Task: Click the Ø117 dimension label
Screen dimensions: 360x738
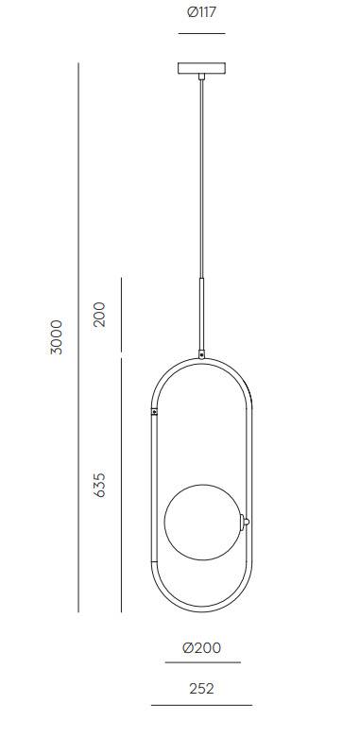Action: click(201, 12)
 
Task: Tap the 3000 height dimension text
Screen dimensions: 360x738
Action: click(56, 337)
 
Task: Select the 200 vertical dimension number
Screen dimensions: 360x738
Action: click(99, 315)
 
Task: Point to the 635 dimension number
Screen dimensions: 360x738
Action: click(99, 485)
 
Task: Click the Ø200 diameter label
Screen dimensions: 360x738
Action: click(202, 647)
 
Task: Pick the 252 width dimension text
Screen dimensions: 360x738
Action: click(201, 689)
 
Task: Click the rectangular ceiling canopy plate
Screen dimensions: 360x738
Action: click(201, 68)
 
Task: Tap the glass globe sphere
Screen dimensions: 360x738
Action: click(203, 522)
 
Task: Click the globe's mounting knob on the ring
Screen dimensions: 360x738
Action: click(245, 522)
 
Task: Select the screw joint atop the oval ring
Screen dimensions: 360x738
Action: click(202, 354)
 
